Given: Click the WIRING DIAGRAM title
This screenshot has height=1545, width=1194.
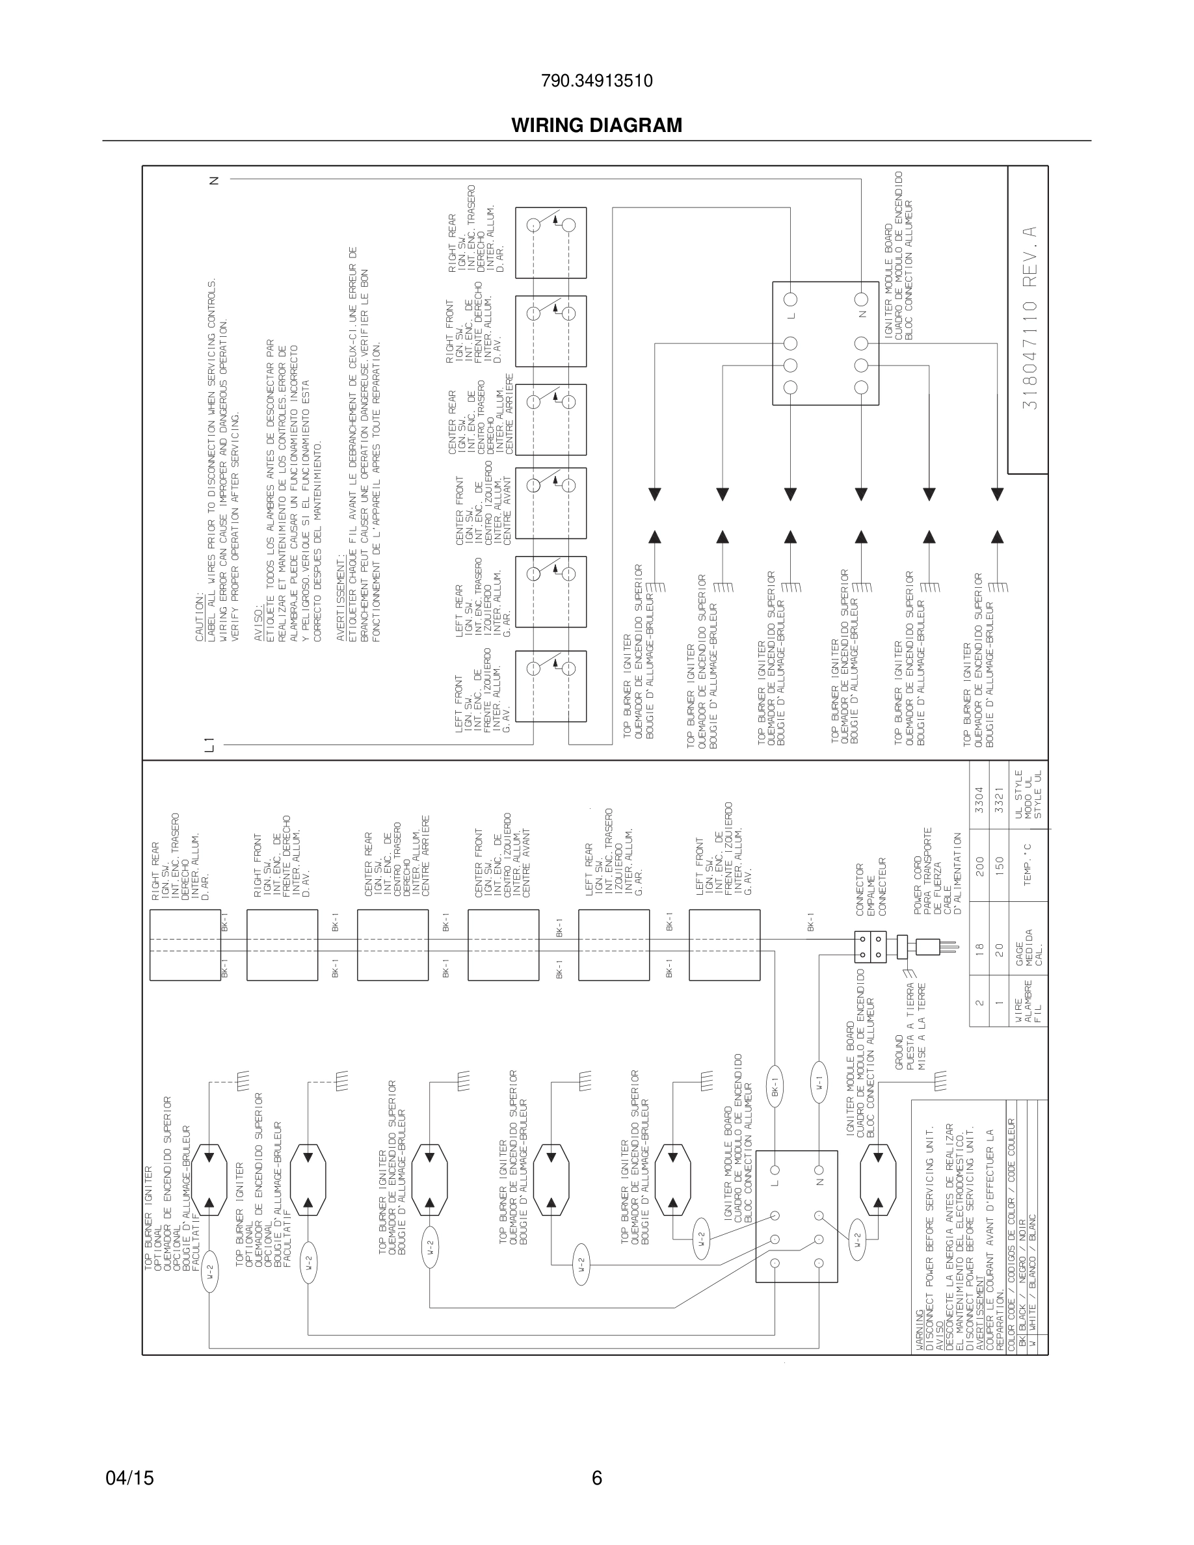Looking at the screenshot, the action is tap(596, 125).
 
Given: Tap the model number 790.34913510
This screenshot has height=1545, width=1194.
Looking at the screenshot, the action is tap(596, 81).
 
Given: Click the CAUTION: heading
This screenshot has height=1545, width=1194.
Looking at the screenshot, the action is tap(200, 618).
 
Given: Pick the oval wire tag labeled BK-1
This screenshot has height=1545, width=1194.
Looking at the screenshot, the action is tap(775, 1083).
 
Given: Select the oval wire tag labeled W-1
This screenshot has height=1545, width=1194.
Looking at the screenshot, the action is tap(818, 1083).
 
